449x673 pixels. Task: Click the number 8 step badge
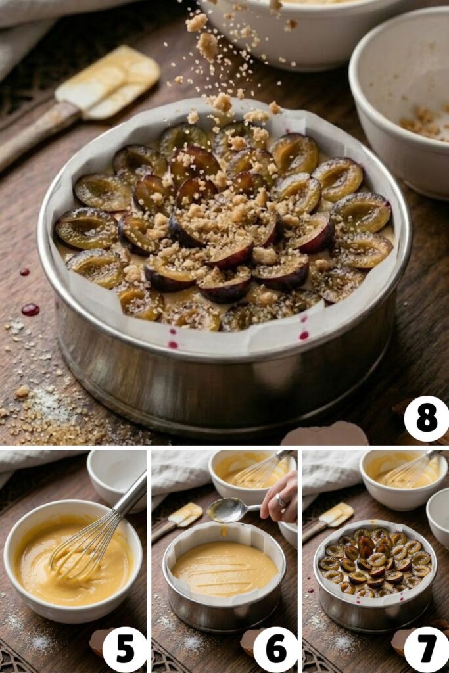click(426, 419)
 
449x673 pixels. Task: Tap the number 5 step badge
click(124, 649)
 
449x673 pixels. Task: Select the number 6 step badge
click(275, 649)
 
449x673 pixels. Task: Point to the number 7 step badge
click(426, 649)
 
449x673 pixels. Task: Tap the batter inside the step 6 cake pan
click(224, 569)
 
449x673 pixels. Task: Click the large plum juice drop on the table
click(30, 310)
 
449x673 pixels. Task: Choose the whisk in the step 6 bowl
click(263, 469)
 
